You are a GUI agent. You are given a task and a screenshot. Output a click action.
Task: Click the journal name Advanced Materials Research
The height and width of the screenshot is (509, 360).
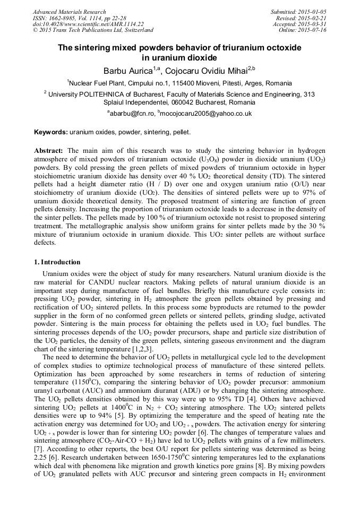coord(69,12)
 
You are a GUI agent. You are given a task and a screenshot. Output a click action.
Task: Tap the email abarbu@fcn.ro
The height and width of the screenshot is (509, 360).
coord(132,114)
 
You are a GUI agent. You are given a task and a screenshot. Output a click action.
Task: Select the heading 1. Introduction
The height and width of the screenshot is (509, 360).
coord(57,262)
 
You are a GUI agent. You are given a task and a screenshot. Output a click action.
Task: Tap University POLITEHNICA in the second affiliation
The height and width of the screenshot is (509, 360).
coord(85,94)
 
